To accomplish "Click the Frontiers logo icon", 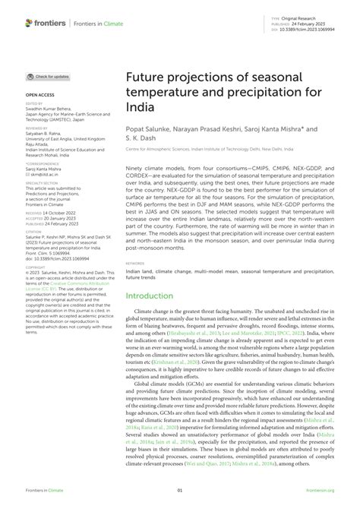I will click(30, 24).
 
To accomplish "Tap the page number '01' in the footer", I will click(180, 491).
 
